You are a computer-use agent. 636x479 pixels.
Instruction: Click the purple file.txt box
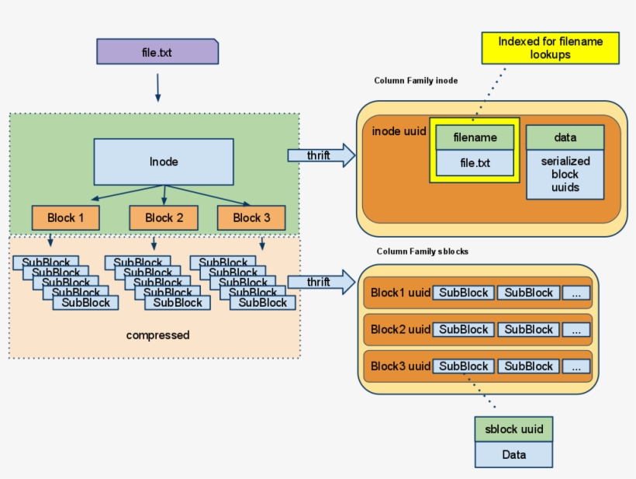coord(157,52)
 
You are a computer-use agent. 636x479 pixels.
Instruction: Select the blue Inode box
coord(164,161)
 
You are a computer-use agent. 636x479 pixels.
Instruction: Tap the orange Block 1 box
coord(66,217)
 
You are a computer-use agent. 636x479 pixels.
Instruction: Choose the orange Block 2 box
coord(164,217)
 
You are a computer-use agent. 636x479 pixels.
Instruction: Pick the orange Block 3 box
coord(251,217)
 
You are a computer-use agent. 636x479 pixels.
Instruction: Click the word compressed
coord(157,335)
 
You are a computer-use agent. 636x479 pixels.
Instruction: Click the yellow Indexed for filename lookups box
coord(550,48)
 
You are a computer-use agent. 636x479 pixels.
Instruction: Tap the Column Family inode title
coord(416,81)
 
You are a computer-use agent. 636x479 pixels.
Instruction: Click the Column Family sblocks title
coord(423,252)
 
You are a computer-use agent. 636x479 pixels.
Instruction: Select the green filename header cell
coord(474,137)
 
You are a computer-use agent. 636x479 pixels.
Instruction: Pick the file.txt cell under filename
coord(474,164)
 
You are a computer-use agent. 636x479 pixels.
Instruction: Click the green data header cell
coord(565,137)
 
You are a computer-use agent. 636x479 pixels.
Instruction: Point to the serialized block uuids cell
coord(565,174)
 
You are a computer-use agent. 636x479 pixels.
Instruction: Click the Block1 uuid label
coord(399,293)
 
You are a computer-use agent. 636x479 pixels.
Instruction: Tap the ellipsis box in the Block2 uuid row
coord(576,330)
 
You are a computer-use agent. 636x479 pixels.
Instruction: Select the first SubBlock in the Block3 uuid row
coord(464,366)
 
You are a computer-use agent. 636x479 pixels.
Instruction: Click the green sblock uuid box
coord(513,429)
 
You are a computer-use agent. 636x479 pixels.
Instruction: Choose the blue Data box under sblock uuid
coord(513,455)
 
